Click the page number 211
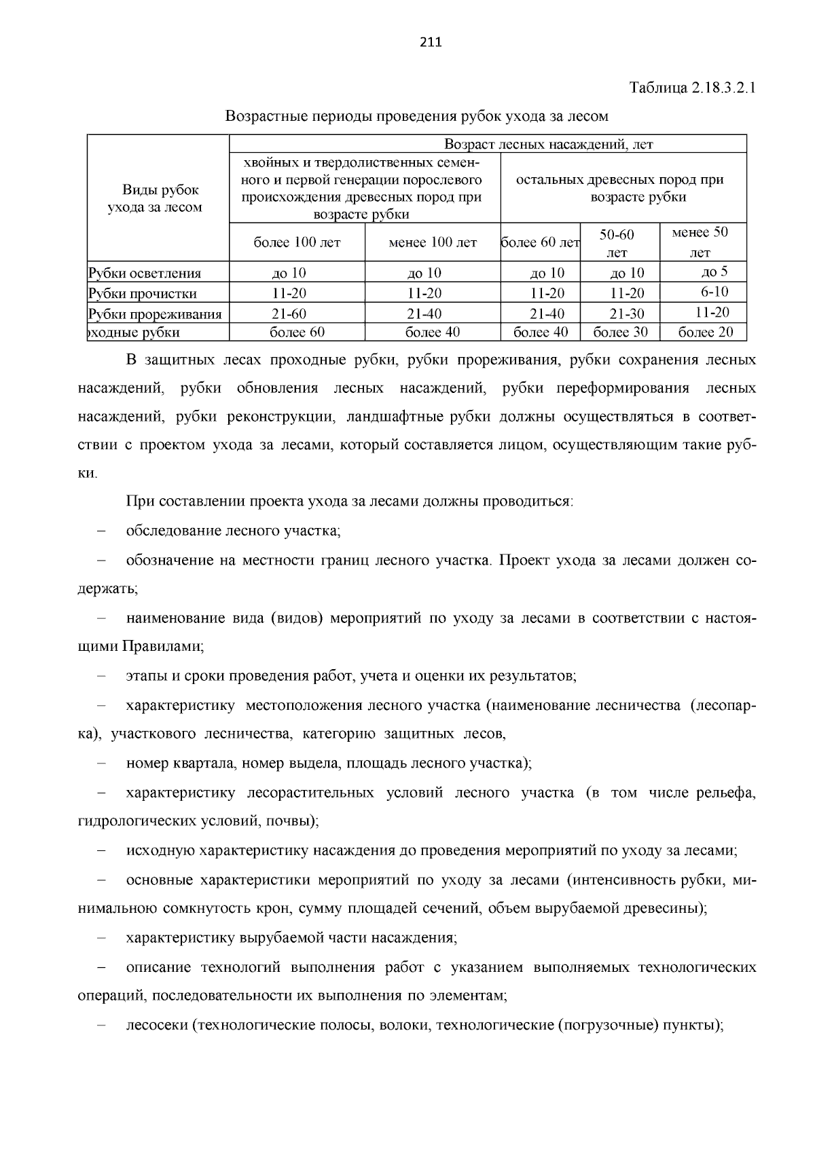point(431,43)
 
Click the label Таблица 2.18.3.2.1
point(692,88)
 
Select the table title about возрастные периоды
point(416,117)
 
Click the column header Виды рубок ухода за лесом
point(155,198)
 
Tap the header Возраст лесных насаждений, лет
point(548,144)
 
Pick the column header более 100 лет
point(297,242)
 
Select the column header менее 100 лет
point(433,242)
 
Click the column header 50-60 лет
point(617,243)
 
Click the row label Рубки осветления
point(145,273)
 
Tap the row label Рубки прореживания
point(156,314)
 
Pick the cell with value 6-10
point(714,293)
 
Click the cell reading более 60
point(297,333)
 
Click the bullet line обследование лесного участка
point(233,531)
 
